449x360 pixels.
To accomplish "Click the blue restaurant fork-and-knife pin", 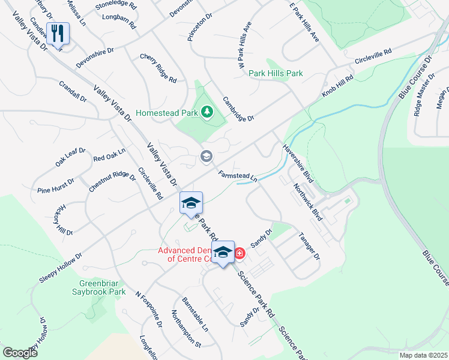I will (58, 33).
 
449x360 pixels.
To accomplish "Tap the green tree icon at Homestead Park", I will (206, 112).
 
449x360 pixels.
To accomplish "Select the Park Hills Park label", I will (276, 73).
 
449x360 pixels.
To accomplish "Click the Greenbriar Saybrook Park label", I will (103, 287).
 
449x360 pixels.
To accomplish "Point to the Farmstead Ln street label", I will (238, 176).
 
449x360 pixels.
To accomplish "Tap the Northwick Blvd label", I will (308, 202).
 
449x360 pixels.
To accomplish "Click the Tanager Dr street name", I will (310, 246).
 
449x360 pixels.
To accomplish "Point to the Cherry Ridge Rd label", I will (158, 68).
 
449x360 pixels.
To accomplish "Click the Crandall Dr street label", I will (73, 92).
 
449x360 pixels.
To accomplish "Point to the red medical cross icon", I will (240, 254).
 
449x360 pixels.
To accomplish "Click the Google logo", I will (20, 353).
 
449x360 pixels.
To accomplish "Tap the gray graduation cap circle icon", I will (206, 157).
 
